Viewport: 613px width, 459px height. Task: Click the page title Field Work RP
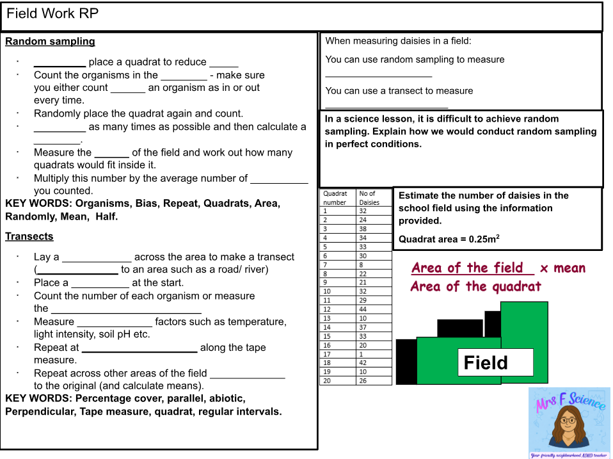click(x=52, y=14)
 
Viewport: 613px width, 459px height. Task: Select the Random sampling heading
click(x=50, y=42)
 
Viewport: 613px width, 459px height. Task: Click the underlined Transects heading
click(x=29, y=237)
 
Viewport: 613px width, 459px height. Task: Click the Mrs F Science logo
click(x=569, y=423)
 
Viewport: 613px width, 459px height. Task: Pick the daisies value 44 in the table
click(x=363, y=309)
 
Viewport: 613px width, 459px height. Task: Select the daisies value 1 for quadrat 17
click(x=362, y=354)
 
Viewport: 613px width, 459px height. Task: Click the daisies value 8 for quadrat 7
click(x=362, y=264)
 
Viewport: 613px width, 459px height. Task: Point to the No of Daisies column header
click(x=369, y=198)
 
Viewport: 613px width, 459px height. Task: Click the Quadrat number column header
click(x=335, y=198)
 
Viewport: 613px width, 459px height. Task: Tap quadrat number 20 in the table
click(x=327, y=381)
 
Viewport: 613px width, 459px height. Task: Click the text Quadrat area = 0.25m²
click(x=449, y=239)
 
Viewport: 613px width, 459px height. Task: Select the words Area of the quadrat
click(x=475, y=286)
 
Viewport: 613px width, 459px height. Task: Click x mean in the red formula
click(x=562, y=268)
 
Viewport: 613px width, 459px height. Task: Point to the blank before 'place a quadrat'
click(x=60, y=63)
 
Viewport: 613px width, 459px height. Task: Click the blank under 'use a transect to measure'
click(x=386, y=105)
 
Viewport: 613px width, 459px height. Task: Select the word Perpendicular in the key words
click(x=39, y=412)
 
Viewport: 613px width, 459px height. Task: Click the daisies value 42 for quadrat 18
click(x=363, y=363)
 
